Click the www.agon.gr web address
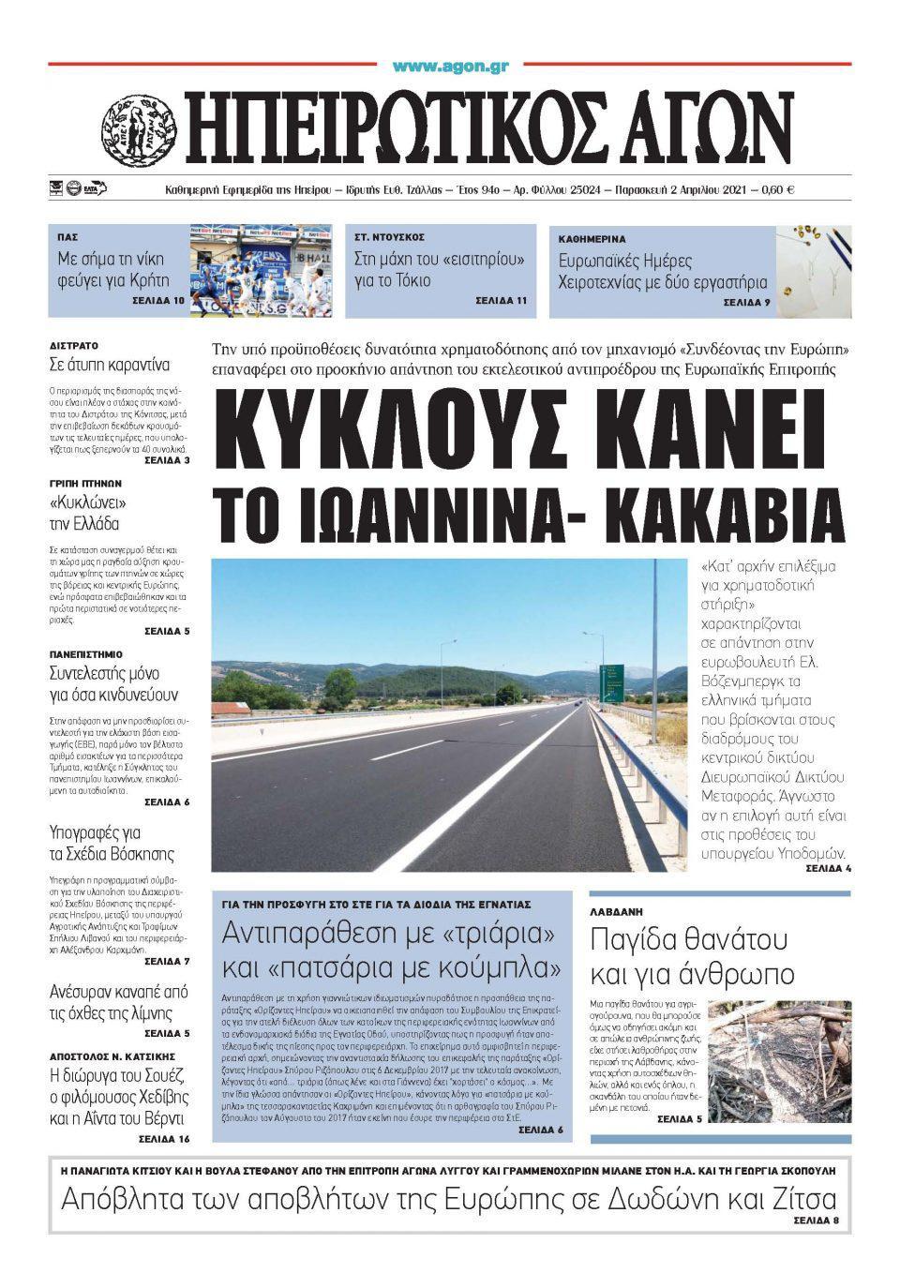tap(450, 67)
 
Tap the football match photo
tap(261, 270)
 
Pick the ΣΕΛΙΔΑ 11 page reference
tap(501, 301)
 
